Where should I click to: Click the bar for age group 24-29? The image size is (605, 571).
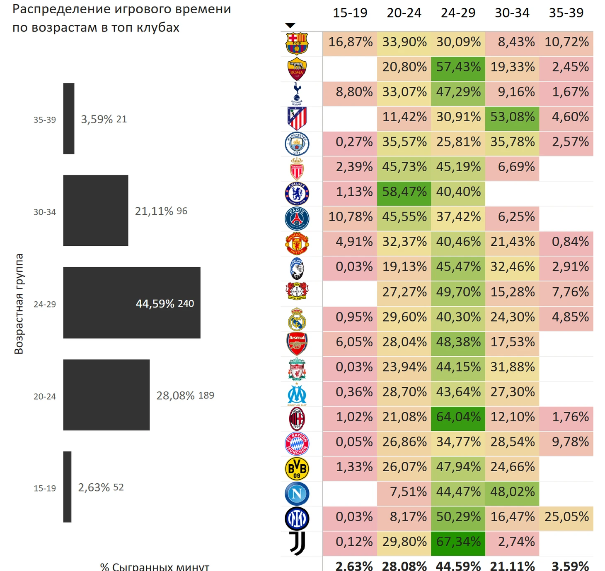pyautogui.click(x=131, y=302)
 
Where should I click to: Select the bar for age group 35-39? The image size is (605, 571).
pyautogui.click(x=69, y=118)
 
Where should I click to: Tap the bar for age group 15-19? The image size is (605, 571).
pyautogui.click(x=67, y=487)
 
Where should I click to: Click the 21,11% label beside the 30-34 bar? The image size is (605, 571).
pyautogui.click(x=154, y=211)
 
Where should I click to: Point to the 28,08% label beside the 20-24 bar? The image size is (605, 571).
pyautogui.click(x=175, y=396)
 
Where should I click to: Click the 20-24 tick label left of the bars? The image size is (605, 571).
pyautogui.click(x=45, y=396)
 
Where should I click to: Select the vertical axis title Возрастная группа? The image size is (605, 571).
pyautogui.click(x=19, y=304)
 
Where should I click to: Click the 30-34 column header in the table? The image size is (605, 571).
pyautogui.click(x=512, y=13)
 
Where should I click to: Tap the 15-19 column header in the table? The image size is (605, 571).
pyautogui.click(x=350, y=13)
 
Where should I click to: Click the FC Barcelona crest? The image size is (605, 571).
pyautogui.click(x=297, y=43)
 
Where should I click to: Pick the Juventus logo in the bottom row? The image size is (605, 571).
pyautogui.click(x=297, y=543)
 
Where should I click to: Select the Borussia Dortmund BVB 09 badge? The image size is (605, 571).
pyautogui.click(x=297, y=468)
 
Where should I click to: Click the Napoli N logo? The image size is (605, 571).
pyautogui.click(x=297, y=493)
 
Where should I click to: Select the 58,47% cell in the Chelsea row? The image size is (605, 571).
pyautogui.click(x=404, y=192)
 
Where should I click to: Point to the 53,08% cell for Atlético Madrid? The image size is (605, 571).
pyautogui.click(x=512, y=117)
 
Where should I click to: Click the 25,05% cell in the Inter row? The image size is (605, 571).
pyautogui.click(x=566, y=516)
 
